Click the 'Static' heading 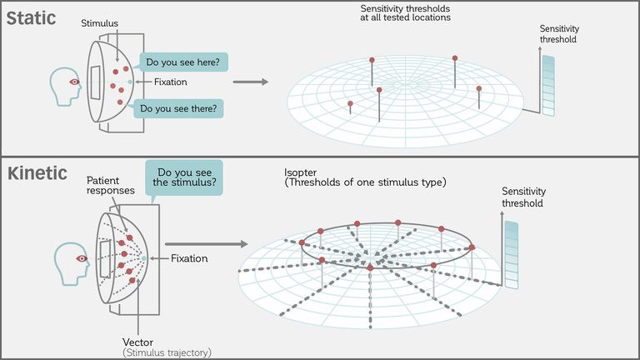[x=31, y=18]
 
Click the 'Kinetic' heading [x=37, y=173]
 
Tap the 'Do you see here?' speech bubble [x=183, y=62]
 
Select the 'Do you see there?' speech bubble [x=178, y=108]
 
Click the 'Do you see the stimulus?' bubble [x=184, y=177]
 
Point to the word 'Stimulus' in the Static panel [x=100, y=23]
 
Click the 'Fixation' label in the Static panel [x=171, y=82]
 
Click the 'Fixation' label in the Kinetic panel [x=189, y=258]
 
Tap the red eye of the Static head [x=74, y=82]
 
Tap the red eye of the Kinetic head [x=82, y=258]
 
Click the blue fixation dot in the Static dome [x=130, y=82]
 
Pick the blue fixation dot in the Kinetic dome [x=143, y=258]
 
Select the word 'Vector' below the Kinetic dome [x=138, y=342]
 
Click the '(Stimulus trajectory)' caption [x=167, y=352]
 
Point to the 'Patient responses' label [x=110, y=185]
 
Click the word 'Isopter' [x=300, y=172]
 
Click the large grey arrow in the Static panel [x=251, y=82]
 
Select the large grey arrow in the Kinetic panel [x=207, y=244]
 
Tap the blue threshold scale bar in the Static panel [x=548, y=86]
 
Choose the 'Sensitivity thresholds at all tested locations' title [x=405, y=13]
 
